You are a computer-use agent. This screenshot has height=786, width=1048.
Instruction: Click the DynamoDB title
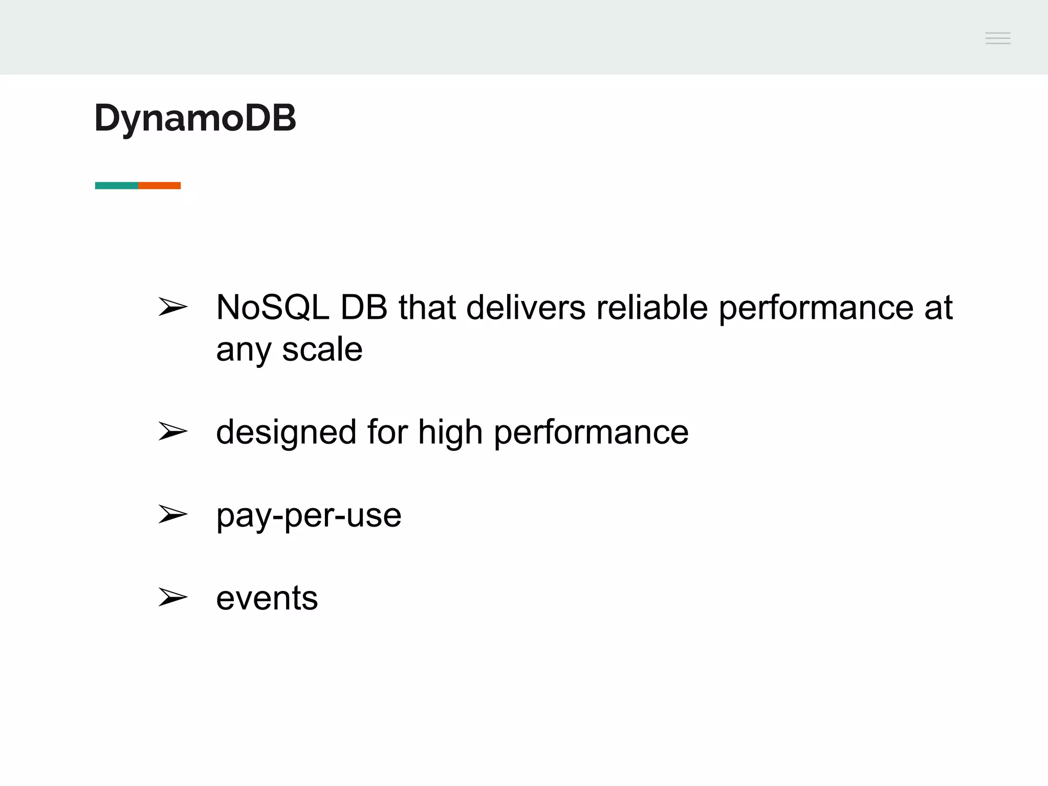coord(195,118)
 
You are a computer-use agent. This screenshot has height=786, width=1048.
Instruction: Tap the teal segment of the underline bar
coord(117,185)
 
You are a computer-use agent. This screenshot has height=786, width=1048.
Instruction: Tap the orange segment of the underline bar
coord(160,185)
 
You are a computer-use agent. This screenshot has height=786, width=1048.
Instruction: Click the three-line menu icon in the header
coord(997,38)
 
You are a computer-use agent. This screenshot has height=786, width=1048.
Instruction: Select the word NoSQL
coord(272,308)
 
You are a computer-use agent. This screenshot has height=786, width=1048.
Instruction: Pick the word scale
coord(322,350)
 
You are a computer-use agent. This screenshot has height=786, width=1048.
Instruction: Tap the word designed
coord(286,432)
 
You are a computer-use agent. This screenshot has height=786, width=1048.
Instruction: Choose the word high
coord(450,432)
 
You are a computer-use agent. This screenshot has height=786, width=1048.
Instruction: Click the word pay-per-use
coord(309,515)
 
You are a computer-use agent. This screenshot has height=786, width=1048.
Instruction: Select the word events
coord(267,598)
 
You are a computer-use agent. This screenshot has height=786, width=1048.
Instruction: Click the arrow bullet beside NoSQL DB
coord(172,307)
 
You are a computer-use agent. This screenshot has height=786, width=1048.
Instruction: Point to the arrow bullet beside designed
coord(172,431)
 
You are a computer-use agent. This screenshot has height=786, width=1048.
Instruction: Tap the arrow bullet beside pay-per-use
coord(172,514)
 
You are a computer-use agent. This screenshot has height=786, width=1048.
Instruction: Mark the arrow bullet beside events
coord(172,597)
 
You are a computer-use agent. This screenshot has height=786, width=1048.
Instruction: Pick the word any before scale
coord(243,351)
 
